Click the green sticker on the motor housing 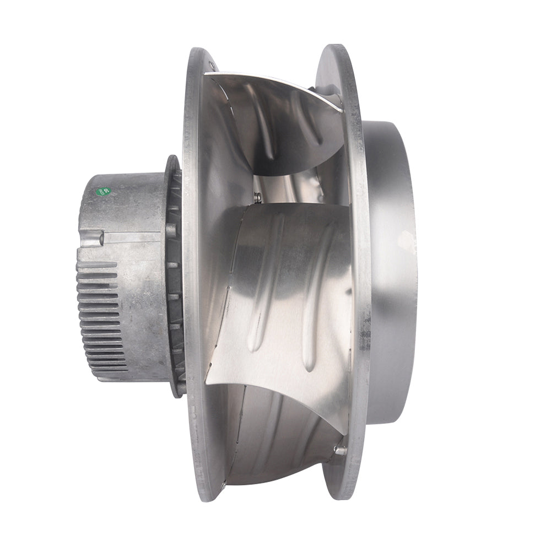[103, 192]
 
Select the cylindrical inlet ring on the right [391, 270]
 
